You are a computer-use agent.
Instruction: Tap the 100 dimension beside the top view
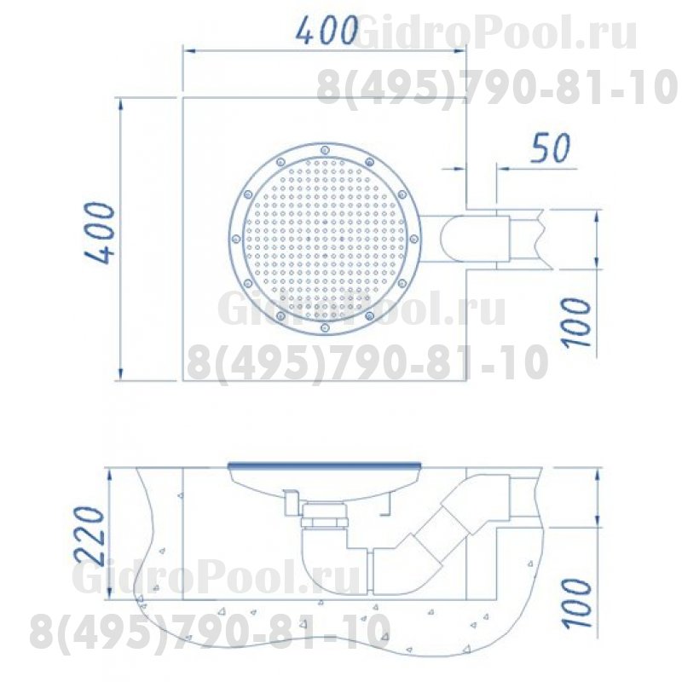[579, 321]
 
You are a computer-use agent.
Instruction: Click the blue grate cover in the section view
[326, 465]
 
